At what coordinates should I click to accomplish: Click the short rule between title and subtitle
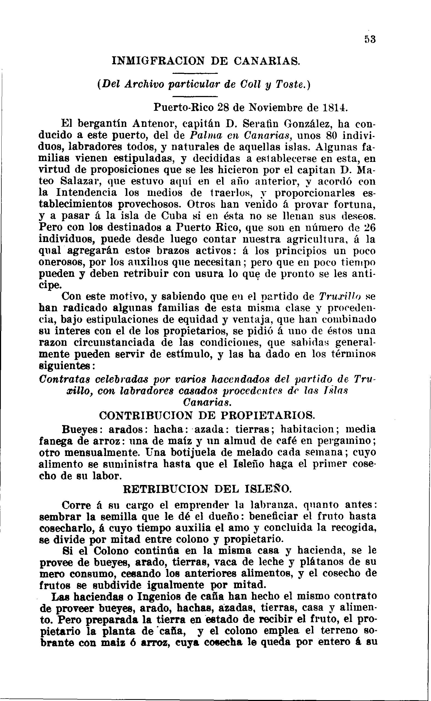(x=195, y=73)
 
